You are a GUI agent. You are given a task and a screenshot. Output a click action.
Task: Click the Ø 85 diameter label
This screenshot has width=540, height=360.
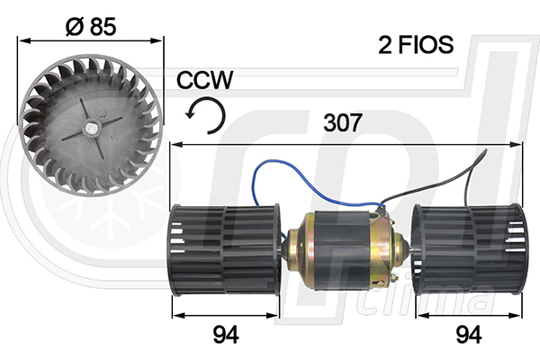click(91, 26)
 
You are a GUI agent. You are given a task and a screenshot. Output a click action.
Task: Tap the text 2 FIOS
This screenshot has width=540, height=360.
click(414, 45)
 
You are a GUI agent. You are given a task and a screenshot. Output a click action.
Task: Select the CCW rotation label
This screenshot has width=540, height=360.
click(205, 80)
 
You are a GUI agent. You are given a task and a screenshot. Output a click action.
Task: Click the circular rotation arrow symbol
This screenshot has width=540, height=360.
click(206, 115)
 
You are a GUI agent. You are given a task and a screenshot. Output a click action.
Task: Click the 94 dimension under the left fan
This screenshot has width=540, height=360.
click(226, 336)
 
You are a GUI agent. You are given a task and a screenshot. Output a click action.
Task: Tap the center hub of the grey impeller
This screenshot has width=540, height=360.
click(92, 126)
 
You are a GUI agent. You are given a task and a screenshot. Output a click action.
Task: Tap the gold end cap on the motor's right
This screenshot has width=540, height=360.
click(388, 245)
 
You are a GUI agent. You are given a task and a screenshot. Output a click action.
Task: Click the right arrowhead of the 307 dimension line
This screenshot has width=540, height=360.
click(517, 144)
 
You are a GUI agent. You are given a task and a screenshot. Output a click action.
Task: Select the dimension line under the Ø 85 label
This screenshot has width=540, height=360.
click(91, 40)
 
